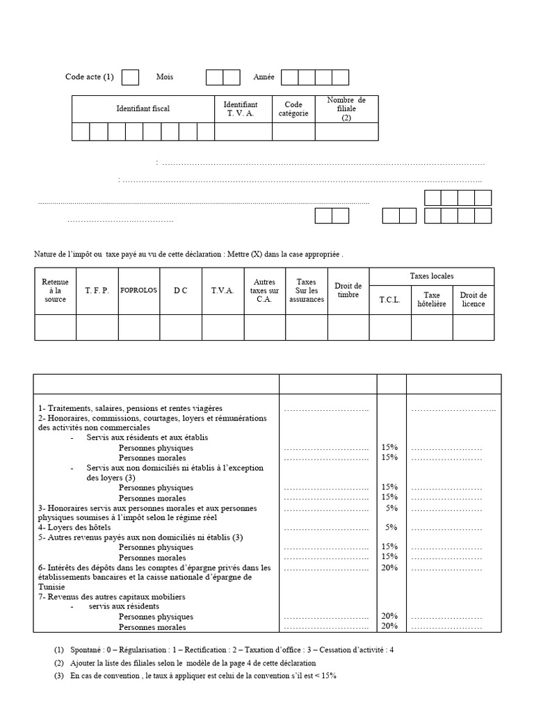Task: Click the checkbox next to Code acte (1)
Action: click(x=130, y=77)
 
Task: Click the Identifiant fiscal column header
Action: click(x=143, y=109)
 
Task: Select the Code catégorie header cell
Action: click(x=293, y=109)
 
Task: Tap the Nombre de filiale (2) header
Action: click(x=346, y=109)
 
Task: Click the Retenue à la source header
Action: click(x=55, y=290)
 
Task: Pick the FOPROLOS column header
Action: click(x=138, y=290)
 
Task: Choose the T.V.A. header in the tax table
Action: click(x=222, y=290)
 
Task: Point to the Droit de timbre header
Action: click(x=348, y=290)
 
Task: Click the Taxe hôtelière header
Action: click(x=432, y=300)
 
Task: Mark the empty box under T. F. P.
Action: click(x=97, y=327)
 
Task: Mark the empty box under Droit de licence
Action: click(x=474, y=327)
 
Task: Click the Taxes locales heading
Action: click(x=432, y=276)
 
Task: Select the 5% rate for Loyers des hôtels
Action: click(x=391, y=527)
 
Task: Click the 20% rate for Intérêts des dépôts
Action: click(x=389, y=567)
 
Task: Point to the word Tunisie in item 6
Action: click(x=52, y=587)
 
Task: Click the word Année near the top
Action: click(x=264, y=77)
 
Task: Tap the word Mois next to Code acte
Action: click(x=165, y=77)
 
